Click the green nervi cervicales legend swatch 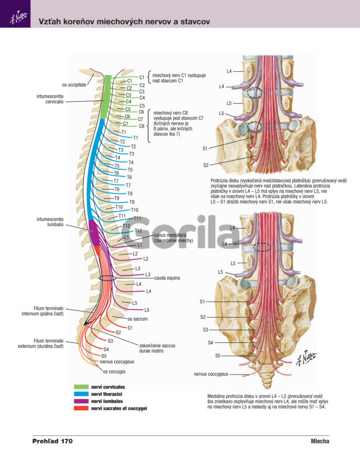[81, 387]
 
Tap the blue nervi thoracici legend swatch [81, 394]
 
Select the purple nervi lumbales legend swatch [81, 401]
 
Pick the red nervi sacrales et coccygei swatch [81, 408]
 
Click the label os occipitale [74, 85]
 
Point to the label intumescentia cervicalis [50, 99]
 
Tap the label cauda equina [167, 278]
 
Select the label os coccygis [114, 372]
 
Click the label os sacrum [137, 319]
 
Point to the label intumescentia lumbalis [50, 222]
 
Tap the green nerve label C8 [141, 126]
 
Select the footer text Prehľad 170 [52, 441]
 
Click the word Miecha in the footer [320, 441]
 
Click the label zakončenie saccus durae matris [157, 348]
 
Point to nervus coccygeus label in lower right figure [211, 374]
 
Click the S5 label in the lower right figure [218, 356]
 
